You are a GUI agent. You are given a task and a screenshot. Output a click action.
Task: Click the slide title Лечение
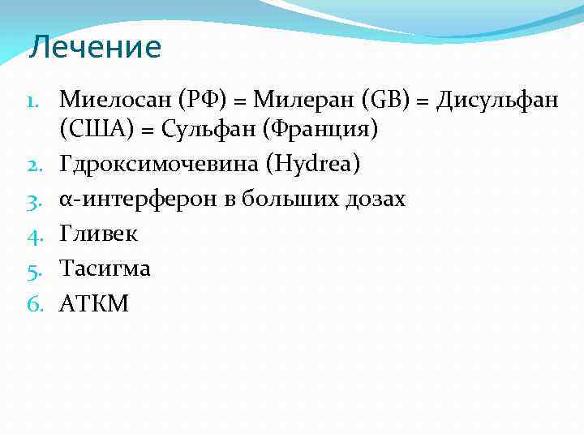(x=95, y=48)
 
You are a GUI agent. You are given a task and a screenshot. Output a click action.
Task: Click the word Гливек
(x=99, y=234)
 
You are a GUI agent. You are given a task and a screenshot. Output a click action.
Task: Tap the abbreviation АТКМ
(x=94, y=304)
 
